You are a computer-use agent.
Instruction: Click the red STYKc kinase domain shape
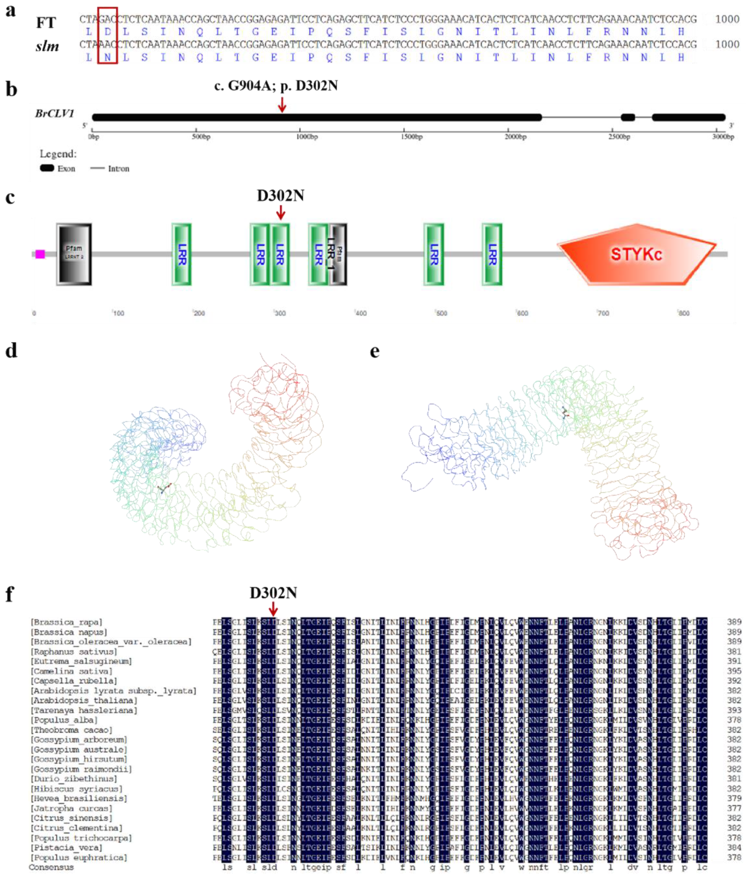[634, 254]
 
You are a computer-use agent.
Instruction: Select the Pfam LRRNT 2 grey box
[74, 254]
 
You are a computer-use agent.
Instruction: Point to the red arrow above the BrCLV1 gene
[282, 104]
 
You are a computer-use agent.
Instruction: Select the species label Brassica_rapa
[66, 622]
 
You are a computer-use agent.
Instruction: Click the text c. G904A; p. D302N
[276, 86]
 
